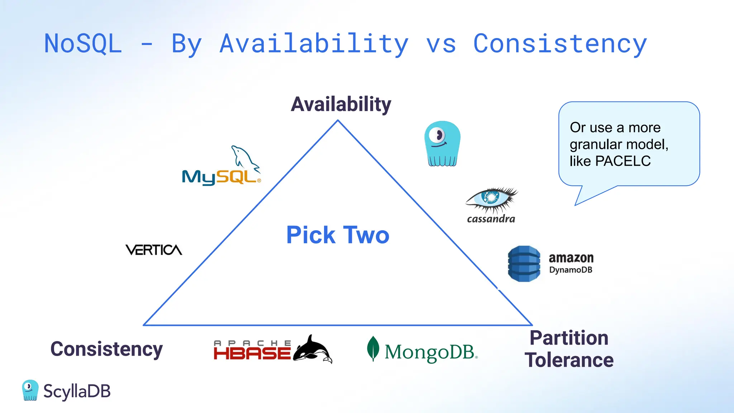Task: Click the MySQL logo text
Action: (220, 177)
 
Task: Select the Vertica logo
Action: (154, 250)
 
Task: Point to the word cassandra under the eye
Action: (491, 219)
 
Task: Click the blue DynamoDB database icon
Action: (524, 264)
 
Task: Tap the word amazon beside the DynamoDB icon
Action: (571, 258)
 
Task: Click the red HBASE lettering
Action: (252, 353)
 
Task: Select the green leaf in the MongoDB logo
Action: (373, 348)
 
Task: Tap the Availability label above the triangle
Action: (341, 104)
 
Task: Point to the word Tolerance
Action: (569, 360)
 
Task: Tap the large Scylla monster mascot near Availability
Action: (442, 144)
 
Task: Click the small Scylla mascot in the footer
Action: (30, 390)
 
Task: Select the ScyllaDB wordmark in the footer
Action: (77, 391)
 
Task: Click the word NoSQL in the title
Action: (83, 44)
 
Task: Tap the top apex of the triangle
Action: (338, 120)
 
